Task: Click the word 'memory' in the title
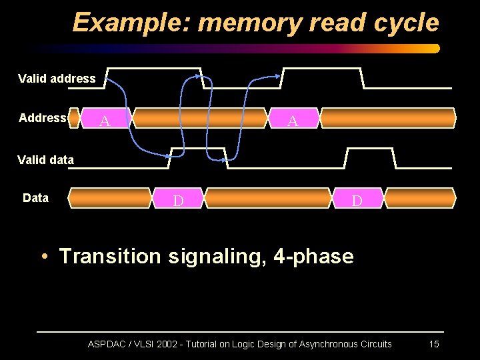point(251,23)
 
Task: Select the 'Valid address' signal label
point(57,79)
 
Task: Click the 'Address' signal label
point(42,118)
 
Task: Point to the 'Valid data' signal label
point(46,159)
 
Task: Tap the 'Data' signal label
point(35,197)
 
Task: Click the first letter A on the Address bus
point(103,121)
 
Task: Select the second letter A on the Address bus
point(292,121)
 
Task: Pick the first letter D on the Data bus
point(178,201)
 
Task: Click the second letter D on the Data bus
point(357,201)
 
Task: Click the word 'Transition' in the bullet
point(110,256)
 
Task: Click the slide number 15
point(433,344)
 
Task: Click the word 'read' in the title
point(339,23)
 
